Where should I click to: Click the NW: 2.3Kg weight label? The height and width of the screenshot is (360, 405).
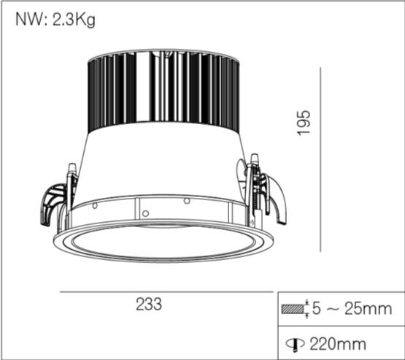pyautogui.click(x=55, y=20)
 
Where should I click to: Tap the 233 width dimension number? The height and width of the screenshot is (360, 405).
pyautogui.click(x=148, y=305)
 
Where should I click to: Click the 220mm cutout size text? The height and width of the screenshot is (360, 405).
pyautogui.click(x=336, y=342)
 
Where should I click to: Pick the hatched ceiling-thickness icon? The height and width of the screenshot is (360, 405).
pyautogui.click(x=292, y=310)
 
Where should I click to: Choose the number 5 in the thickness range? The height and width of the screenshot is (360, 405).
pyautogui.click(x=317, y=309)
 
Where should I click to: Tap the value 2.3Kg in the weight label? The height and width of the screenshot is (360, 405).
pyautogui.click(x=73, y=20)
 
